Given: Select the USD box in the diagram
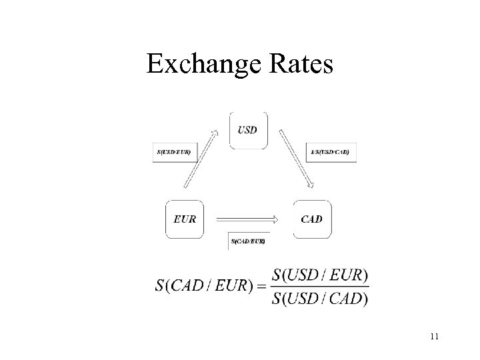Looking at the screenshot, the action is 249,130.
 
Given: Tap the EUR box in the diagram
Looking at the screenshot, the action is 184,219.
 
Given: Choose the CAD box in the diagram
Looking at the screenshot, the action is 311,219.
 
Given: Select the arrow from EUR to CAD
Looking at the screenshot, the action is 247,219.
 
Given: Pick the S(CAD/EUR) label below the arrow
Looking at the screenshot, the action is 248,241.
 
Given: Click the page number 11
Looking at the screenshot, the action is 434,337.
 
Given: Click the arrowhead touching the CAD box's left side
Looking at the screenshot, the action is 275,219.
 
